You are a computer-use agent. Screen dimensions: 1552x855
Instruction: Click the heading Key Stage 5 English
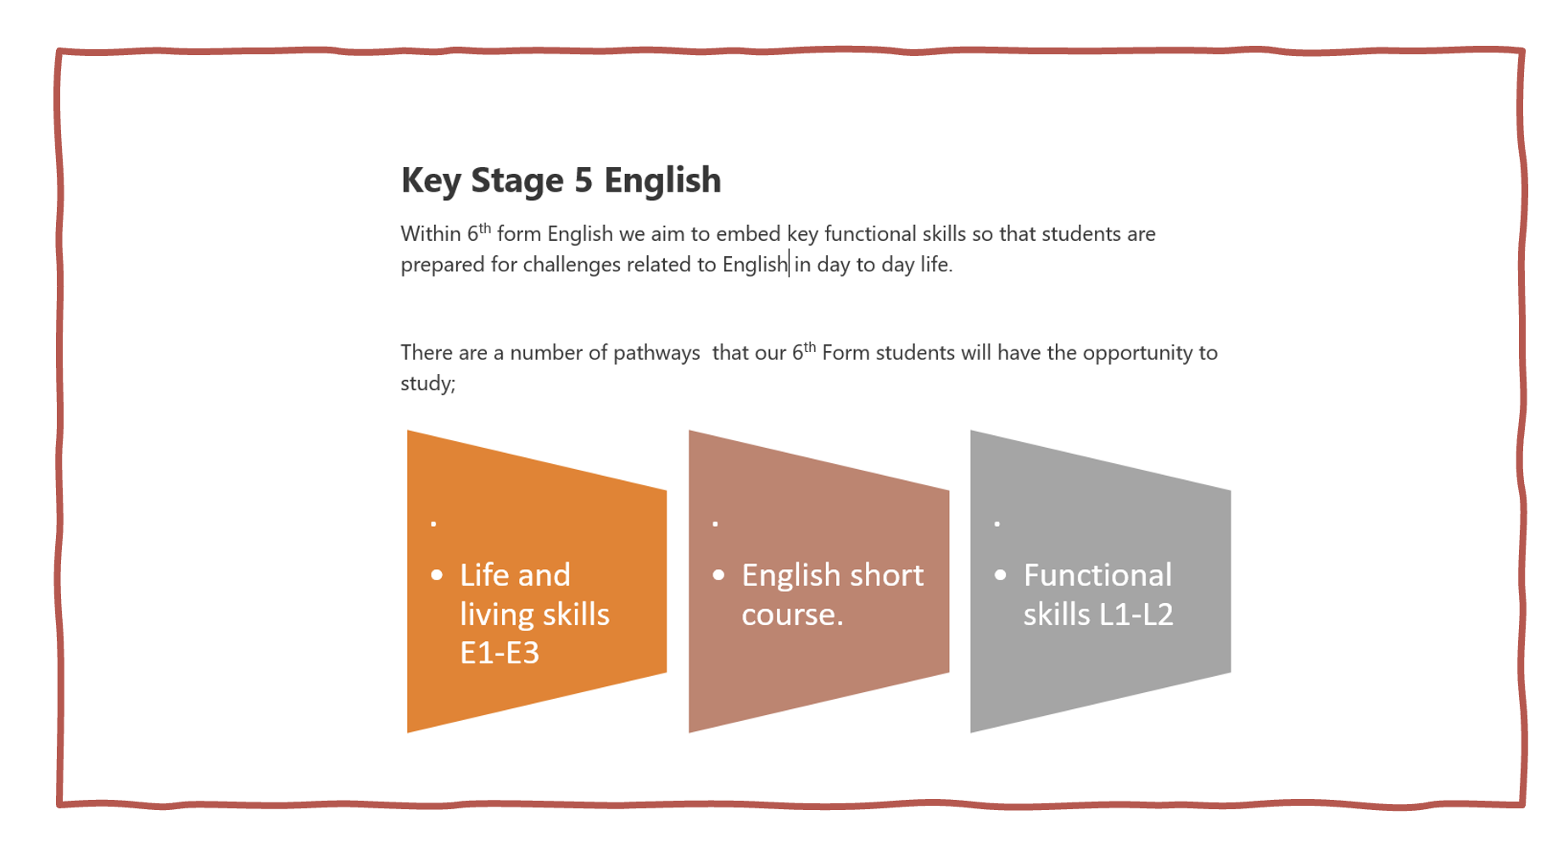coord(561,181)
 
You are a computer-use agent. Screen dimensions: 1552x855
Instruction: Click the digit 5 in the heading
coord(583,180)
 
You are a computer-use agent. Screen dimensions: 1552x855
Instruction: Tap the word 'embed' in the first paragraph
coord(748,233)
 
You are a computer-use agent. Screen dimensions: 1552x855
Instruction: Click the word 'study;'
coord(428,383)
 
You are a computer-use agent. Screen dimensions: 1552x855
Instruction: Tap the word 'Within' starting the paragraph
coord(431,233)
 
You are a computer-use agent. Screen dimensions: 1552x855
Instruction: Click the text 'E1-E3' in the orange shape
coord(500,653)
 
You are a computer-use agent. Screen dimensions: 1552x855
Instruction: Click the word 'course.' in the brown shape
coord(792,615)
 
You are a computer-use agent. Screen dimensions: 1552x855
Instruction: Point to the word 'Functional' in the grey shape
coord(1097,575)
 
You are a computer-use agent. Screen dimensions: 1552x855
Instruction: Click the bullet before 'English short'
coord(719,575)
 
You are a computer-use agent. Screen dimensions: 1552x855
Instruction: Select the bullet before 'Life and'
coord(437,575)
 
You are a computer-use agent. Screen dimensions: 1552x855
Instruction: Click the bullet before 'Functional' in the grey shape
coord(1001,575)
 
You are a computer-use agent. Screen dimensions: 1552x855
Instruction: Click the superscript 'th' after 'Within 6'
coord(485,227)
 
